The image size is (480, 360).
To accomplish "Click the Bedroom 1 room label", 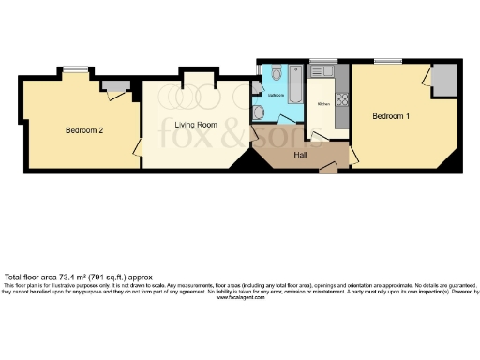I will click(391, 116).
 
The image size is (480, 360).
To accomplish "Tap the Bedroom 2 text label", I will click(83, 130).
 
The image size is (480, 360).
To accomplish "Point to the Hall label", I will click(302, 154).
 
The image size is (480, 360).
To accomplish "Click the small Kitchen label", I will click(323, 103).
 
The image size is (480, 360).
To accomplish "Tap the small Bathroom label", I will click(276, 96).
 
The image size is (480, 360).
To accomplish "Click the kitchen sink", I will click(327, 71).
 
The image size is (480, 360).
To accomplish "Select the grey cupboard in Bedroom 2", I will click(115, 87).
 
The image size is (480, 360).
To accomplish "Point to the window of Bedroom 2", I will click(77, 67).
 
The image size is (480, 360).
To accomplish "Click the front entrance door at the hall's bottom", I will click(328, 170).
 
